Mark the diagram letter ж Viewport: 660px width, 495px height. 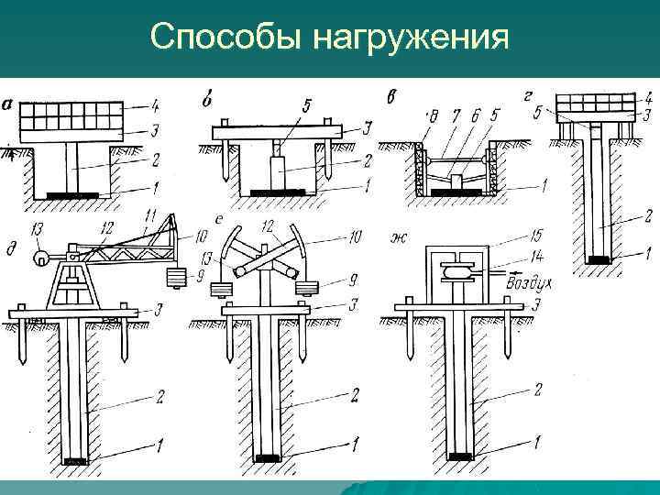(398, 241)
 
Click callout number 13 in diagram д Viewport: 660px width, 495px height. (37, 228)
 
